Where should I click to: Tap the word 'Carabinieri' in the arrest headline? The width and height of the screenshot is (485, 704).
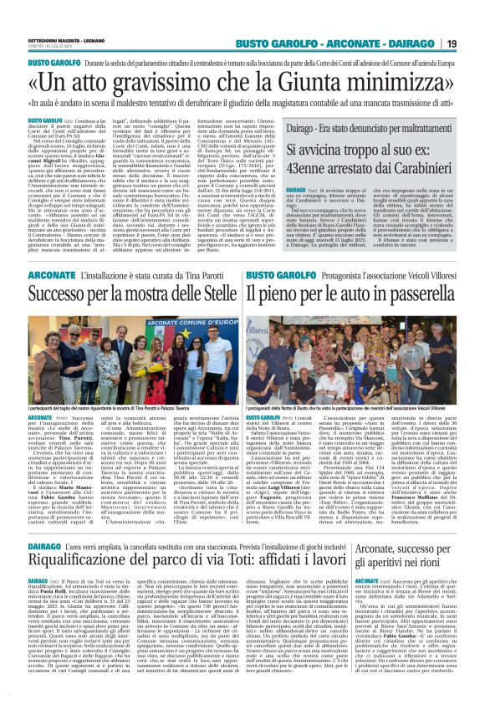426,165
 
